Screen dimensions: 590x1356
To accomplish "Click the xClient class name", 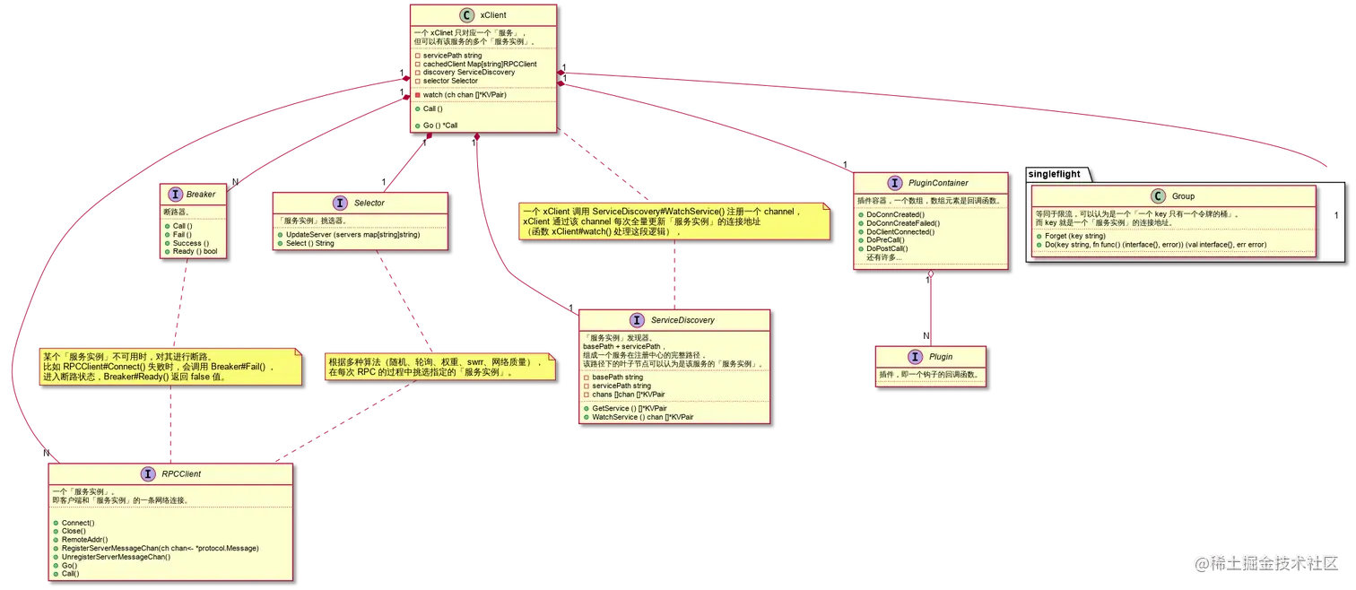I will [x=493, y=15].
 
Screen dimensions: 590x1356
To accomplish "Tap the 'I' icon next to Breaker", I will [x=175, y=194].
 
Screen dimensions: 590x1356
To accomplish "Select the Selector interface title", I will [x=369, y=203].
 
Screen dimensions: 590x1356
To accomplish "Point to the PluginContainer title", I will [x=937, y=183].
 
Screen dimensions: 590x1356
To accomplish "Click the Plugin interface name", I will [x=941, y=357].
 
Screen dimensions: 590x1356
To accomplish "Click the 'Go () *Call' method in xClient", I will [x=440, y=126].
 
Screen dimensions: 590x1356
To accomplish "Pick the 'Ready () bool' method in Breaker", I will [x=195, y=251].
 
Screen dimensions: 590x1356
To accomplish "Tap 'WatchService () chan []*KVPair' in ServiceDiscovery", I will [x=642, y=417].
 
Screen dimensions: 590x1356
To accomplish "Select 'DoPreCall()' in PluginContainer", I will [x=885, y=240].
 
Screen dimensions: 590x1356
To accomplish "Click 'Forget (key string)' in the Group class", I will [x=1074, y=236].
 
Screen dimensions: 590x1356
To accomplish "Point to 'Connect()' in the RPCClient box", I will [x=78, y=522].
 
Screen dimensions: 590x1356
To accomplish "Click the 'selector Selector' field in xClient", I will [x=450, y=81].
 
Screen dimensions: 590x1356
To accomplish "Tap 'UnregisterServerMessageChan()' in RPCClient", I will [x=116, y=557].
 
